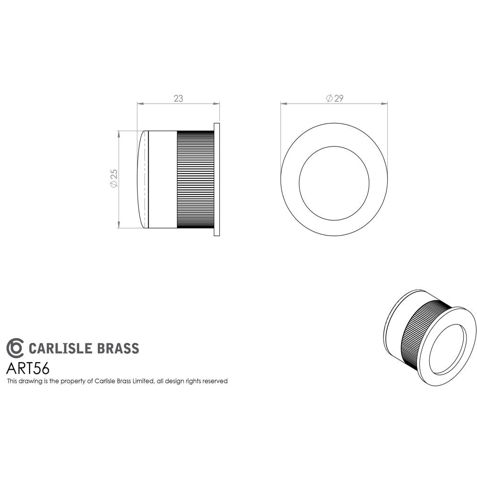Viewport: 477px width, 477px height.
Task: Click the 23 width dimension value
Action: click(178, 99)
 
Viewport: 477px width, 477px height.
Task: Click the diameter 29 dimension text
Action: click(335, 99)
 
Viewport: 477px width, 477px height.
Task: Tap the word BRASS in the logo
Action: click(118, 348)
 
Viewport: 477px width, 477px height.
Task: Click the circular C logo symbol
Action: click(15, 348)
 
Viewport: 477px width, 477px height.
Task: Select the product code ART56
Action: click(28, 369)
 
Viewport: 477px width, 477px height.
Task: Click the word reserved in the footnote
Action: click(214, 381)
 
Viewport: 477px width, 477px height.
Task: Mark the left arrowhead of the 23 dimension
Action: click(139, 103)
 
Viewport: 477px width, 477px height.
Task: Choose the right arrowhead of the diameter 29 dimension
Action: click(385, 103)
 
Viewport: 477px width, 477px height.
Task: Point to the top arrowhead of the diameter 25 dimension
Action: click(118, 134)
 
